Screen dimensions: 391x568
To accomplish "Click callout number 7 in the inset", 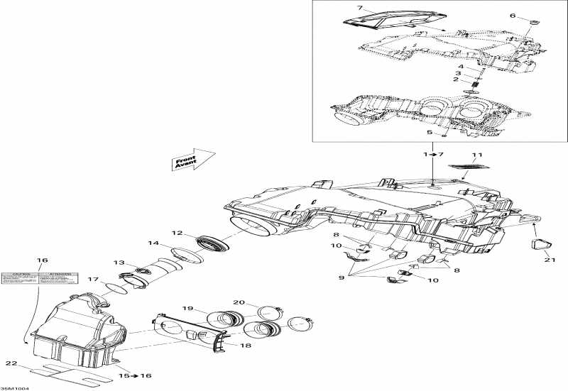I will tap(360, 8).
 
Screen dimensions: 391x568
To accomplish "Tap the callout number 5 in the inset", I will tap(430, 132).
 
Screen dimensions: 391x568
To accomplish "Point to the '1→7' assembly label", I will tap(432, 155).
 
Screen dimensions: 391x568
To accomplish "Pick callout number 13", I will tap(119, 262).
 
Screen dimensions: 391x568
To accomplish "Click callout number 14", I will tap(153, 243).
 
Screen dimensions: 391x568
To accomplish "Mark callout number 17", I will tap(93, 280).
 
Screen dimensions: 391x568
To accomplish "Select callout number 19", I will tap(187, 309).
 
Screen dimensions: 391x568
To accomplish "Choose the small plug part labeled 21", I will tap(542, 245).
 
